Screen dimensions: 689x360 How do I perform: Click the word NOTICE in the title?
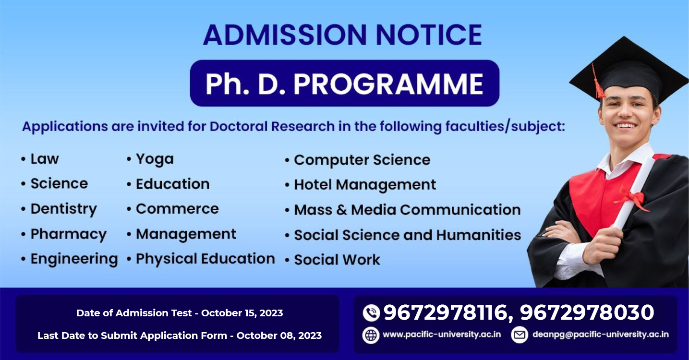click(x=429, y=35)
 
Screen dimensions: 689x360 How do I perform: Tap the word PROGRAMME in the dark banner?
click(x=388, y=84)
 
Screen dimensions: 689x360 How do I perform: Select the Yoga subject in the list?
click(x=155, y=159)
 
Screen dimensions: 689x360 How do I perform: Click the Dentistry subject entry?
click(x=64, y=209)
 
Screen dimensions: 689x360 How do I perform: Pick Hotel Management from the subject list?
click(x=365, y=185)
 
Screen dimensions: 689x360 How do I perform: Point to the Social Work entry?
click(x=337, y=260)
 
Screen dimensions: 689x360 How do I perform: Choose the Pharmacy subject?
click(x=69, y=234)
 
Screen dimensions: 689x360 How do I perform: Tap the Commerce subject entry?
click(x=178, y=209)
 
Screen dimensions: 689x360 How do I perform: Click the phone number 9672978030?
click(x=587, y=312)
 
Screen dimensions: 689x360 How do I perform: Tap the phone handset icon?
click(x=371, y=313)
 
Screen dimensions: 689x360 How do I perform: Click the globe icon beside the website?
click(x=371, y=335)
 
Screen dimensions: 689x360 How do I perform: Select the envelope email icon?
click(x=520, y=335)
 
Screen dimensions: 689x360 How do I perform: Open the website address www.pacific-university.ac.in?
click(x=442, y=335)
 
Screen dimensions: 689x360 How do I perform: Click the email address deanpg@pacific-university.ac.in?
click(x=600, y=335)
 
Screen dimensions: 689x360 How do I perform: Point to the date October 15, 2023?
click(x=242, y=313)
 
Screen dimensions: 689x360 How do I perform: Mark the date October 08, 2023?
click(x=279, y=336)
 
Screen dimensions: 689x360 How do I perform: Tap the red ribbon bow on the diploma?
click(x=631, y=198)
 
